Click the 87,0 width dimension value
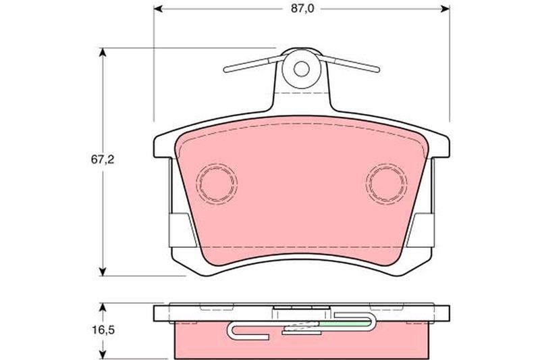pyautogui.click(x=302, y=9)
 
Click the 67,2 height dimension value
pyautogui.click(x=103, y=160)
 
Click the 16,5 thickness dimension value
pyautogui.click(x=103, y=330)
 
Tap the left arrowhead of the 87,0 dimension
pyautogui.click(x=158, y=9)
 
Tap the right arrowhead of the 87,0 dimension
pyautogui.click(x=446, y=9)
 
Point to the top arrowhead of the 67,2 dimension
pyautogui.click(x=102, y=52)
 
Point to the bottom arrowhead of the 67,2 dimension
pyautogui.click(x=102, y=272)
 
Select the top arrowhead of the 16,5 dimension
pyautogui.click(x=102, y=307)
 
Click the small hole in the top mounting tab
pyautogui.click(x=302, y=69)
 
